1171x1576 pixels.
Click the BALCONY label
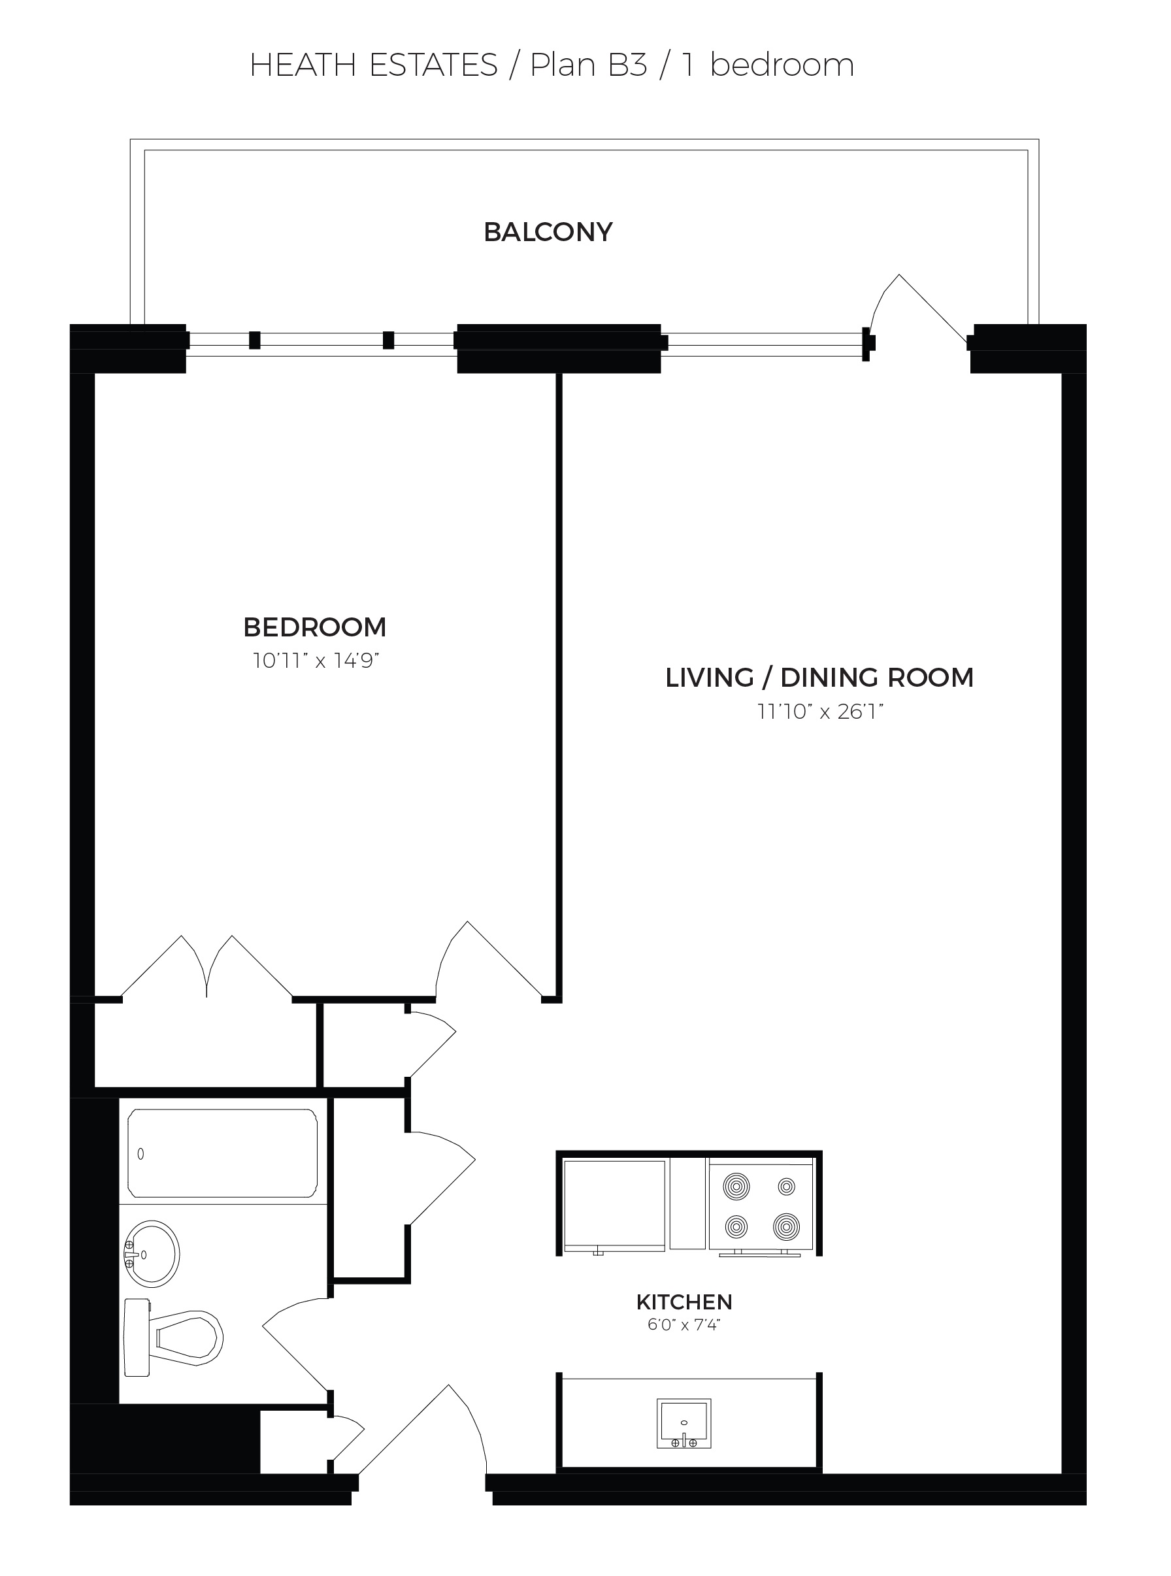click(x=548, y=233)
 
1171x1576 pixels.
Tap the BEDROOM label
click(x=315, y=627)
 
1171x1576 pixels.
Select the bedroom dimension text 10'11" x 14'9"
click(x=316, y=661)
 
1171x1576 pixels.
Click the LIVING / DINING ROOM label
click(x=819, y=678)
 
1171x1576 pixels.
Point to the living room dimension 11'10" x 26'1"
click(x=820, y=712)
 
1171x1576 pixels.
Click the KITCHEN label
click(x=684, y=1302)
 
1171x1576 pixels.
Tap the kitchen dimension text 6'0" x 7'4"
click(x=684, y=1324)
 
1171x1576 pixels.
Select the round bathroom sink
click(x=152, y=1255)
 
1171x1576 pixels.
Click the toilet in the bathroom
click(x=173, y=1338)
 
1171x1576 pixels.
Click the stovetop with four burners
click(x=761, y=1207)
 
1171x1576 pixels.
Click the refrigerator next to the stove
click(x=614, y=1206)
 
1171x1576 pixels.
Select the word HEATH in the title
click(x=303, y=65)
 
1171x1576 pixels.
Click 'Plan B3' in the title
click(x=589, y=65)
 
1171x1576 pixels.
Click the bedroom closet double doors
click(x=207, y=966)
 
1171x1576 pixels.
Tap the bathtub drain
click(x=140, y=1155)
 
